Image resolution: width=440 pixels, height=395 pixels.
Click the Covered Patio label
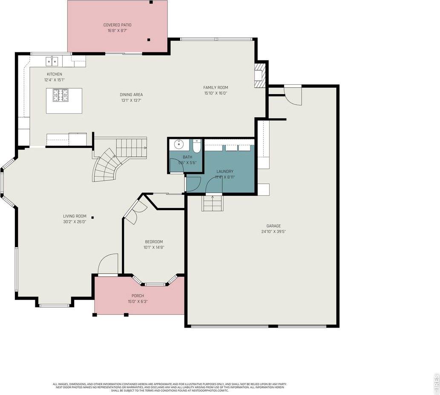coord(117,25)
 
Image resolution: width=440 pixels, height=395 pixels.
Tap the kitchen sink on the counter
coord(52,61)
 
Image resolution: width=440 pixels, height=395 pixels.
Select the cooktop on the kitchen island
coord(60,95)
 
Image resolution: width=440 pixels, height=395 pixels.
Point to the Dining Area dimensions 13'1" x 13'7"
coord(131,101)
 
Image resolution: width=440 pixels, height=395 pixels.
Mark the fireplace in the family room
coord(259,75)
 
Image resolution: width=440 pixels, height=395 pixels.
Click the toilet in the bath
coord(196,146)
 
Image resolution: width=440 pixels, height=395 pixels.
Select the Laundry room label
coord(224,171)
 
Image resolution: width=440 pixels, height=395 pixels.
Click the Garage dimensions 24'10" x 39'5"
coord(273,232)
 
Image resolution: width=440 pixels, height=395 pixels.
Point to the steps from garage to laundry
coord(212,202)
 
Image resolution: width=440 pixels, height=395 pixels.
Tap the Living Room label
coord(75,216)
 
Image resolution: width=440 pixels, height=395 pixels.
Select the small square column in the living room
coord(92,218)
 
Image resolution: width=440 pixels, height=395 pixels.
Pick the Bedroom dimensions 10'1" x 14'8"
coord(154,247)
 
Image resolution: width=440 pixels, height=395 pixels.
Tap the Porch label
coord(138,296)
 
